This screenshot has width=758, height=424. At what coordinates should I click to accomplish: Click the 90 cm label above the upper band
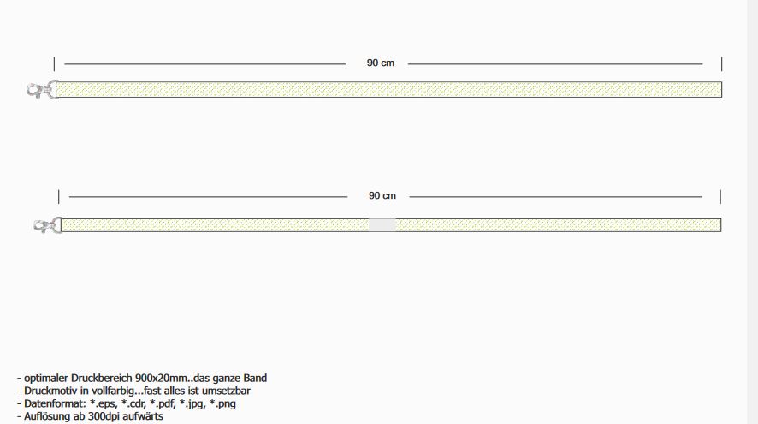(381, 63)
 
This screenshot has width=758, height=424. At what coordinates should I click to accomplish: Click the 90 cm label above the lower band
(382, 195)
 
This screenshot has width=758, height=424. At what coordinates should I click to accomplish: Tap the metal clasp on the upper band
(43, 90)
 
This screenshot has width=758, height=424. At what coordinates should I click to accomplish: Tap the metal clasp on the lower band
(48, 225)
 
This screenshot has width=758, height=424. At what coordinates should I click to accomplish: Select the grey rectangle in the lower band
(382, 225)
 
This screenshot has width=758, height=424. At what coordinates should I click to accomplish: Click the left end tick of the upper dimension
(54, 64)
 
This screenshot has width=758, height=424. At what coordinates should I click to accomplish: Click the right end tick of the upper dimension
(721, 64)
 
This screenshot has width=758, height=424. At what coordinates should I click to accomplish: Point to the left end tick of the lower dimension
(58, 197)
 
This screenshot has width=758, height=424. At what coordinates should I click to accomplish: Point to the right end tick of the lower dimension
(720, 197)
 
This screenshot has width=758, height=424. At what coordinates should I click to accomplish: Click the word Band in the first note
(255, 378)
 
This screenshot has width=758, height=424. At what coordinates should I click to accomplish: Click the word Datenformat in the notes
(54, 403)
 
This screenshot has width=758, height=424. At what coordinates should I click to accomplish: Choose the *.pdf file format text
(163, 403)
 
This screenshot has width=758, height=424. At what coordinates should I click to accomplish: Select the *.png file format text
(222, 403)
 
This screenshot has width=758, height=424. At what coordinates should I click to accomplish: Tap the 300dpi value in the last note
(104, 416)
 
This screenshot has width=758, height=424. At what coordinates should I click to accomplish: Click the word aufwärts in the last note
(143, 416)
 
